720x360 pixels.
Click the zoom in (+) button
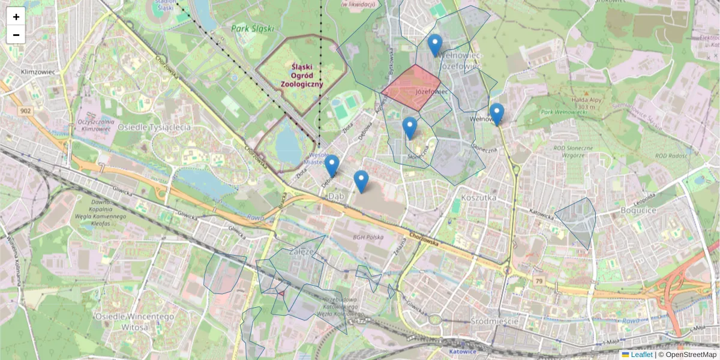click(16, 17)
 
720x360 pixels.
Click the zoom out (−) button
click(16, 35)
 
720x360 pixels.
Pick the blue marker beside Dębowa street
click(332, 166)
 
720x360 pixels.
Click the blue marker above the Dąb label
click(361, 181)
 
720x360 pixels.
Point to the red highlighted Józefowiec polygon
click(413, 88)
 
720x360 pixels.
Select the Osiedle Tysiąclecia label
click(154, 127)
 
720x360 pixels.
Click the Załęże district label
click(301, 252)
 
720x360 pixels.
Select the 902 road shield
click(25, 111)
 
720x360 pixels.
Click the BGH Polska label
click(367, 238)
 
